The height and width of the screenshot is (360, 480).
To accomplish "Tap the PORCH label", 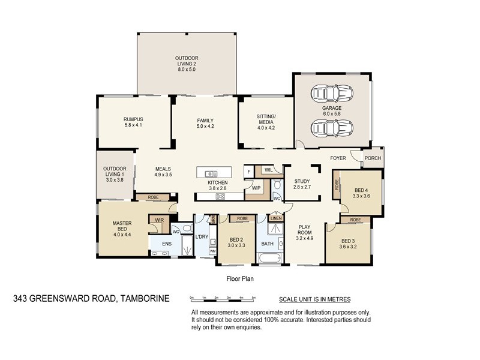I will pos(372,159).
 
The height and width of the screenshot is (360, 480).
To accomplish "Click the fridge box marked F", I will pos(248,172).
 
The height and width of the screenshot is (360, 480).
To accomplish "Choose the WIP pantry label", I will pos(256,187).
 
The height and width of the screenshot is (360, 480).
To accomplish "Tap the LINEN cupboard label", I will pos(276,218).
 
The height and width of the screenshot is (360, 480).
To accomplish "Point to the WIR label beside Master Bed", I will pos(159,220).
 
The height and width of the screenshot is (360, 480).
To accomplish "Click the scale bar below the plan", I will pos(223,298).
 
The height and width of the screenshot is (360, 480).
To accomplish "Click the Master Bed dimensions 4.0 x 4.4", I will pos(122,233).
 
